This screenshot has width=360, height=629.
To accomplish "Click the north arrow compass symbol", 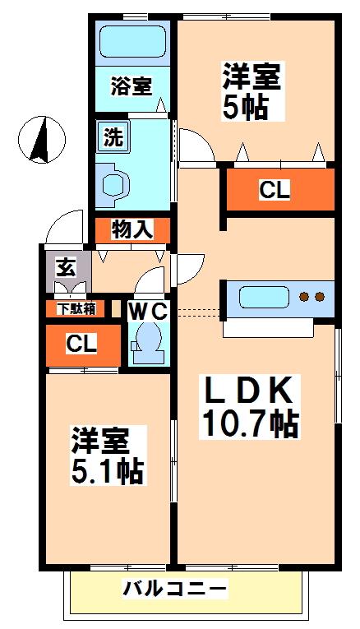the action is [42, 140].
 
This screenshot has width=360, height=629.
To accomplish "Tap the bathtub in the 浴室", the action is [132, 42].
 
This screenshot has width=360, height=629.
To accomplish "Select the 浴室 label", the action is [131, 86].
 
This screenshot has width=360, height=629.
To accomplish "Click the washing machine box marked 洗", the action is [113, 136].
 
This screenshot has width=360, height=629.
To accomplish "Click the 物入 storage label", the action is [132, 230].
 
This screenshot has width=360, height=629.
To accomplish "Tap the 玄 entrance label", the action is [66, 268].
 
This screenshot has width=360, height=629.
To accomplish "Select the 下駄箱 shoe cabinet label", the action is [76, 308].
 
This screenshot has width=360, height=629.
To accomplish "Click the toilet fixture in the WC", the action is [147, 343].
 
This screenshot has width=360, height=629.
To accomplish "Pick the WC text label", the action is [147, 312].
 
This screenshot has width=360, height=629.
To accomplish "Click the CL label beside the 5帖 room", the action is [275, 190].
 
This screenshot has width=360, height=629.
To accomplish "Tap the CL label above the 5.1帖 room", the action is [81, 345].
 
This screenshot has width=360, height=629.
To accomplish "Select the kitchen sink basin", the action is [264, 298].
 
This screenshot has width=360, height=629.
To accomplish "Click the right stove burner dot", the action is [320, 297].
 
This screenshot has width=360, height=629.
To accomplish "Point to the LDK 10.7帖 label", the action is [248, 406].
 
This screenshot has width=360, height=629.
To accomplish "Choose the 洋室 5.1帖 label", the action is [107, 456].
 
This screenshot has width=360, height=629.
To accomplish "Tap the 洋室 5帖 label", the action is [252, 90].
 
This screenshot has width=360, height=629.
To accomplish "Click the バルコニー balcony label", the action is [174, 589].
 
